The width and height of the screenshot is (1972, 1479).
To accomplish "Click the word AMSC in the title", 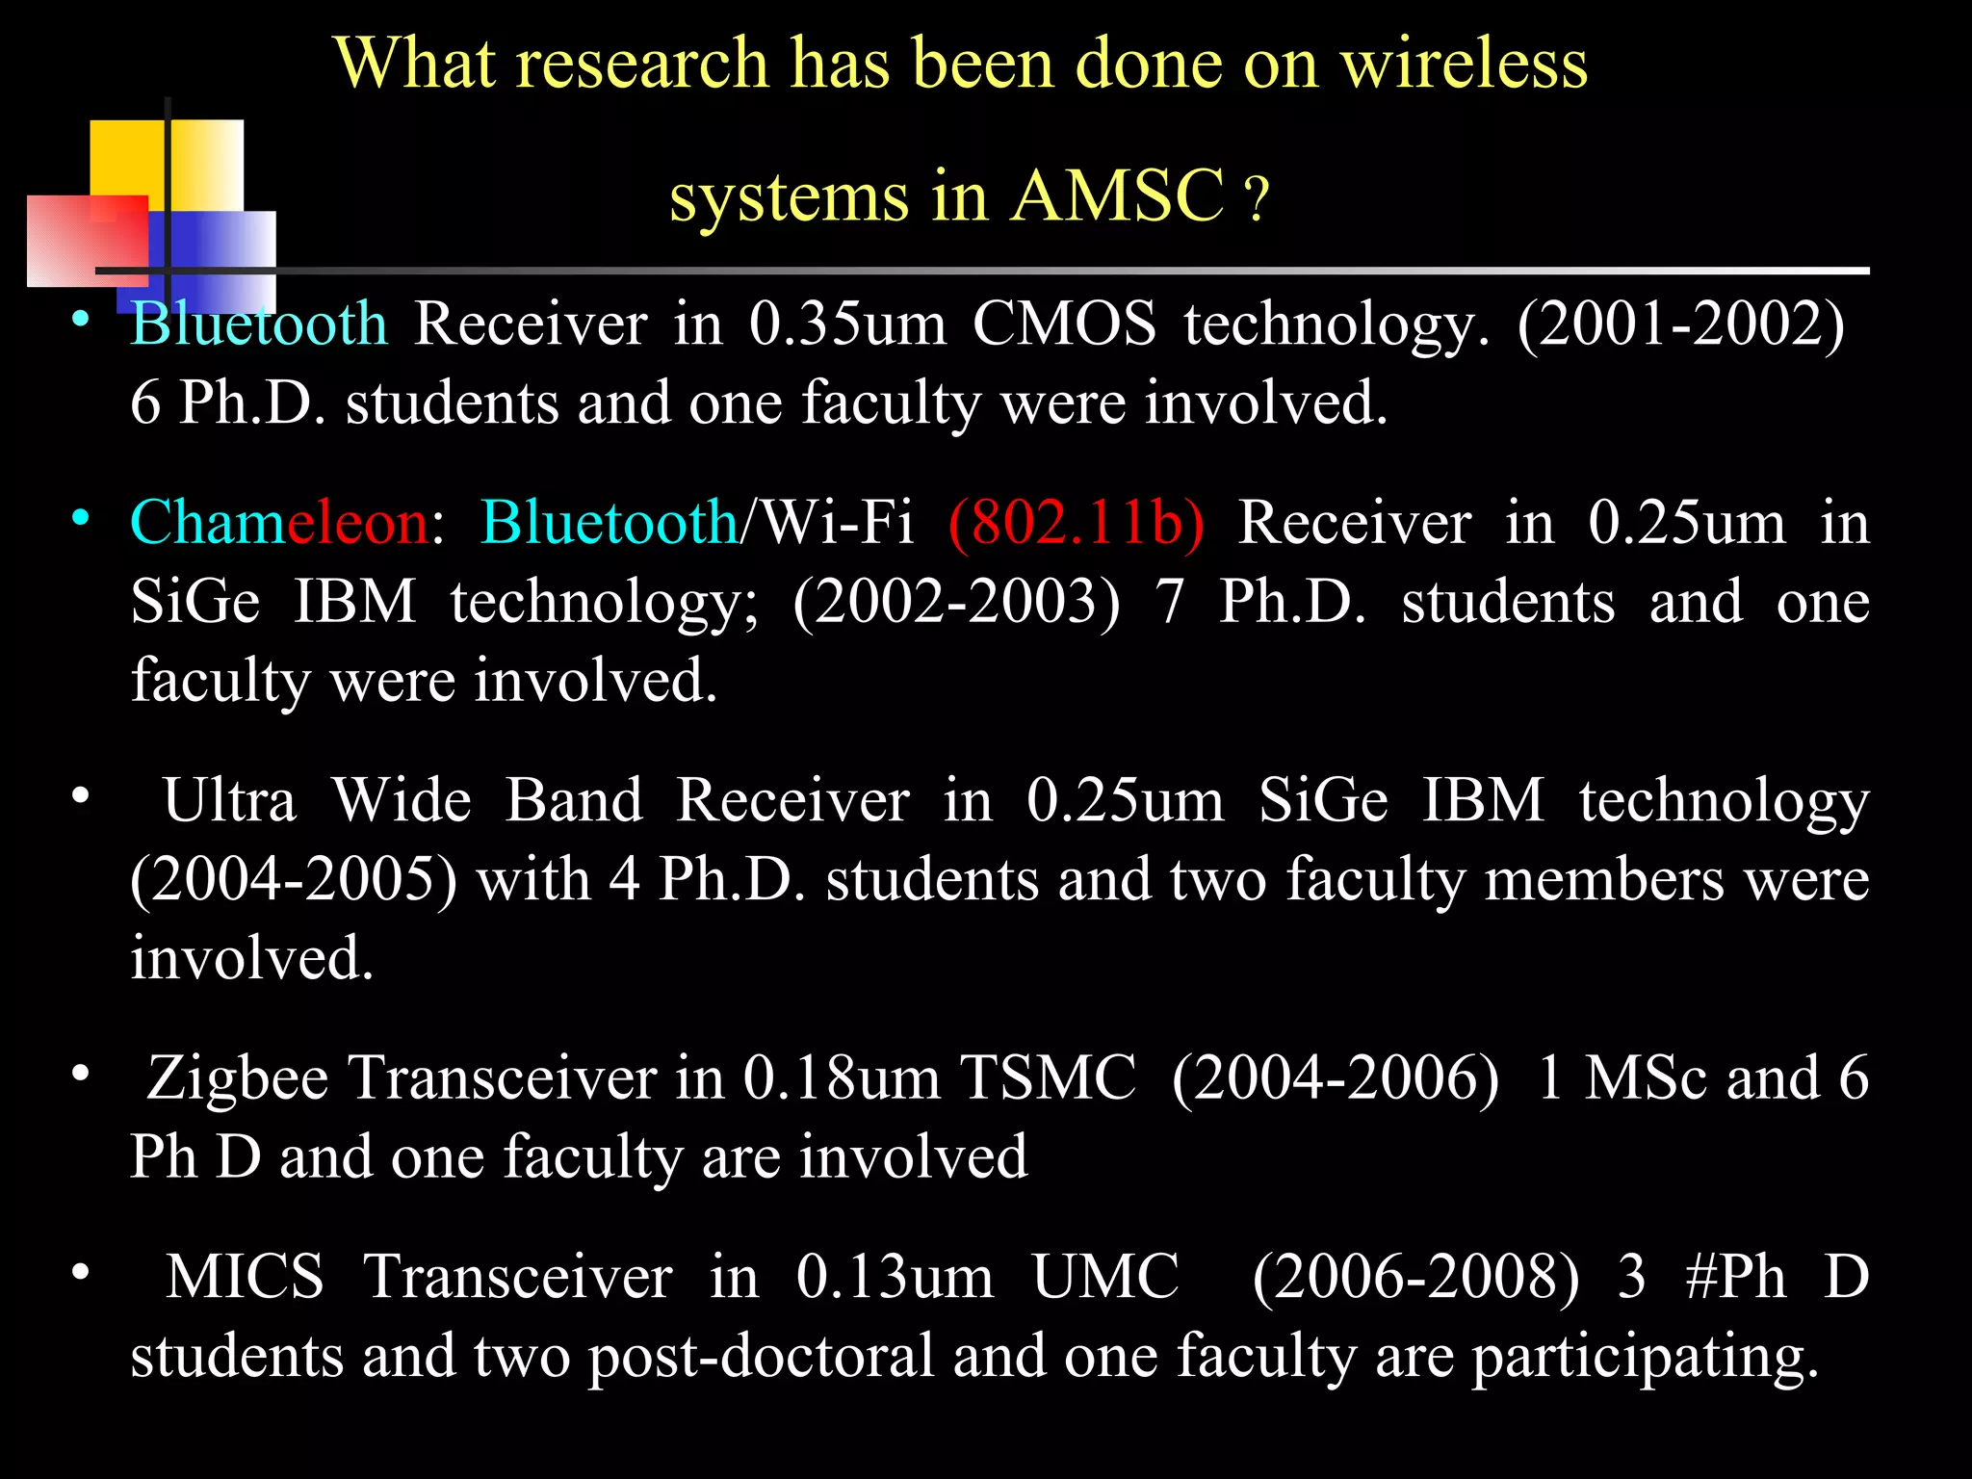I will tap(1118, 195).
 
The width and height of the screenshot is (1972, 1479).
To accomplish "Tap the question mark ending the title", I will tap(1257, 200).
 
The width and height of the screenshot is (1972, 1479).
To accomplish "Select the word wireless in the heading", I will tap(1464, 64).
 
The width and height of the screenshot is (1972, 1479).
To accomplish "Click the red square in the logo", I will tap(87, 241).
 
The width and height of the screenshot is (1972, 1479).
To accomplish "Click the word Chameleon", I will tap(278, 523).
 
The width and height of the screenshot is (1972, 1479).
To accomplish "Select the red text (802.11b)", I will tap(1076, 523).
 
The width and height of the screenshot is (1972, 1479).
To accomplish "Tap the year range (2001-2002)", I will tap(1680, 324).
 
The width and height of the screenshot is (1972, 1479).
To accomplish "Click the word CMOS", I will tap(1064, 324).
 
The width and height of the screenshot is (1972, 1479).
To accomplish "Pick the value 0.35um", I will tap(847, 324).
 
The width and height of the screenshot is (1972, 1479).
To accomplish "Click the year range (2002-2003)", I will tap(957, 603).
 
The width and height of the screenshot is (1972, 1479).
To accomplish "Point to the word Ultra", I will tap(229, 800).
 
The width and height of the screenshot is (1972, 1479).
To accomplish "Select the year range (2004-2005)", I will tap(294, 880).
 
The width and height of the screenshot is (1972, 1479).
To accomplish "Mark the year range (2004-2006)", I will tap(1336, 1077).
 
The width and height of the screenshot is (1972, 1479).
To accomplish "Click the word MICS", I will tap(245, 1277).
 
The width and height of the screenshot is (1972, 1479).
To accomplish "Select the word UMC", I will tap(1105, 1277).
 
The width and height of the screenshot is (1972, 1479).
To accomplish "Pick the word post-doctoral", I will tap(762, 1356).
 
